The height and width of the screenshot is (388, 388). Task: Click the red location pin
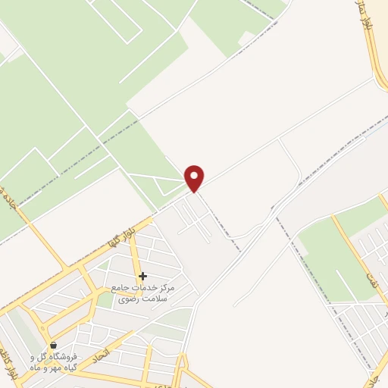click(195, 178)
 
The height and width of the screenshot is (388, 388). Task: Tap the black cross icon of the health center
click(142, 276)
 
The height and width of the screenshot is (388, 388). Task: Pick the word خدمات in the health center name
click(151, 289)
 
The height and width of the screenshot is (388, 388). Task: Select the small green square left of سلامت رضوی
click(105, 300)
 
